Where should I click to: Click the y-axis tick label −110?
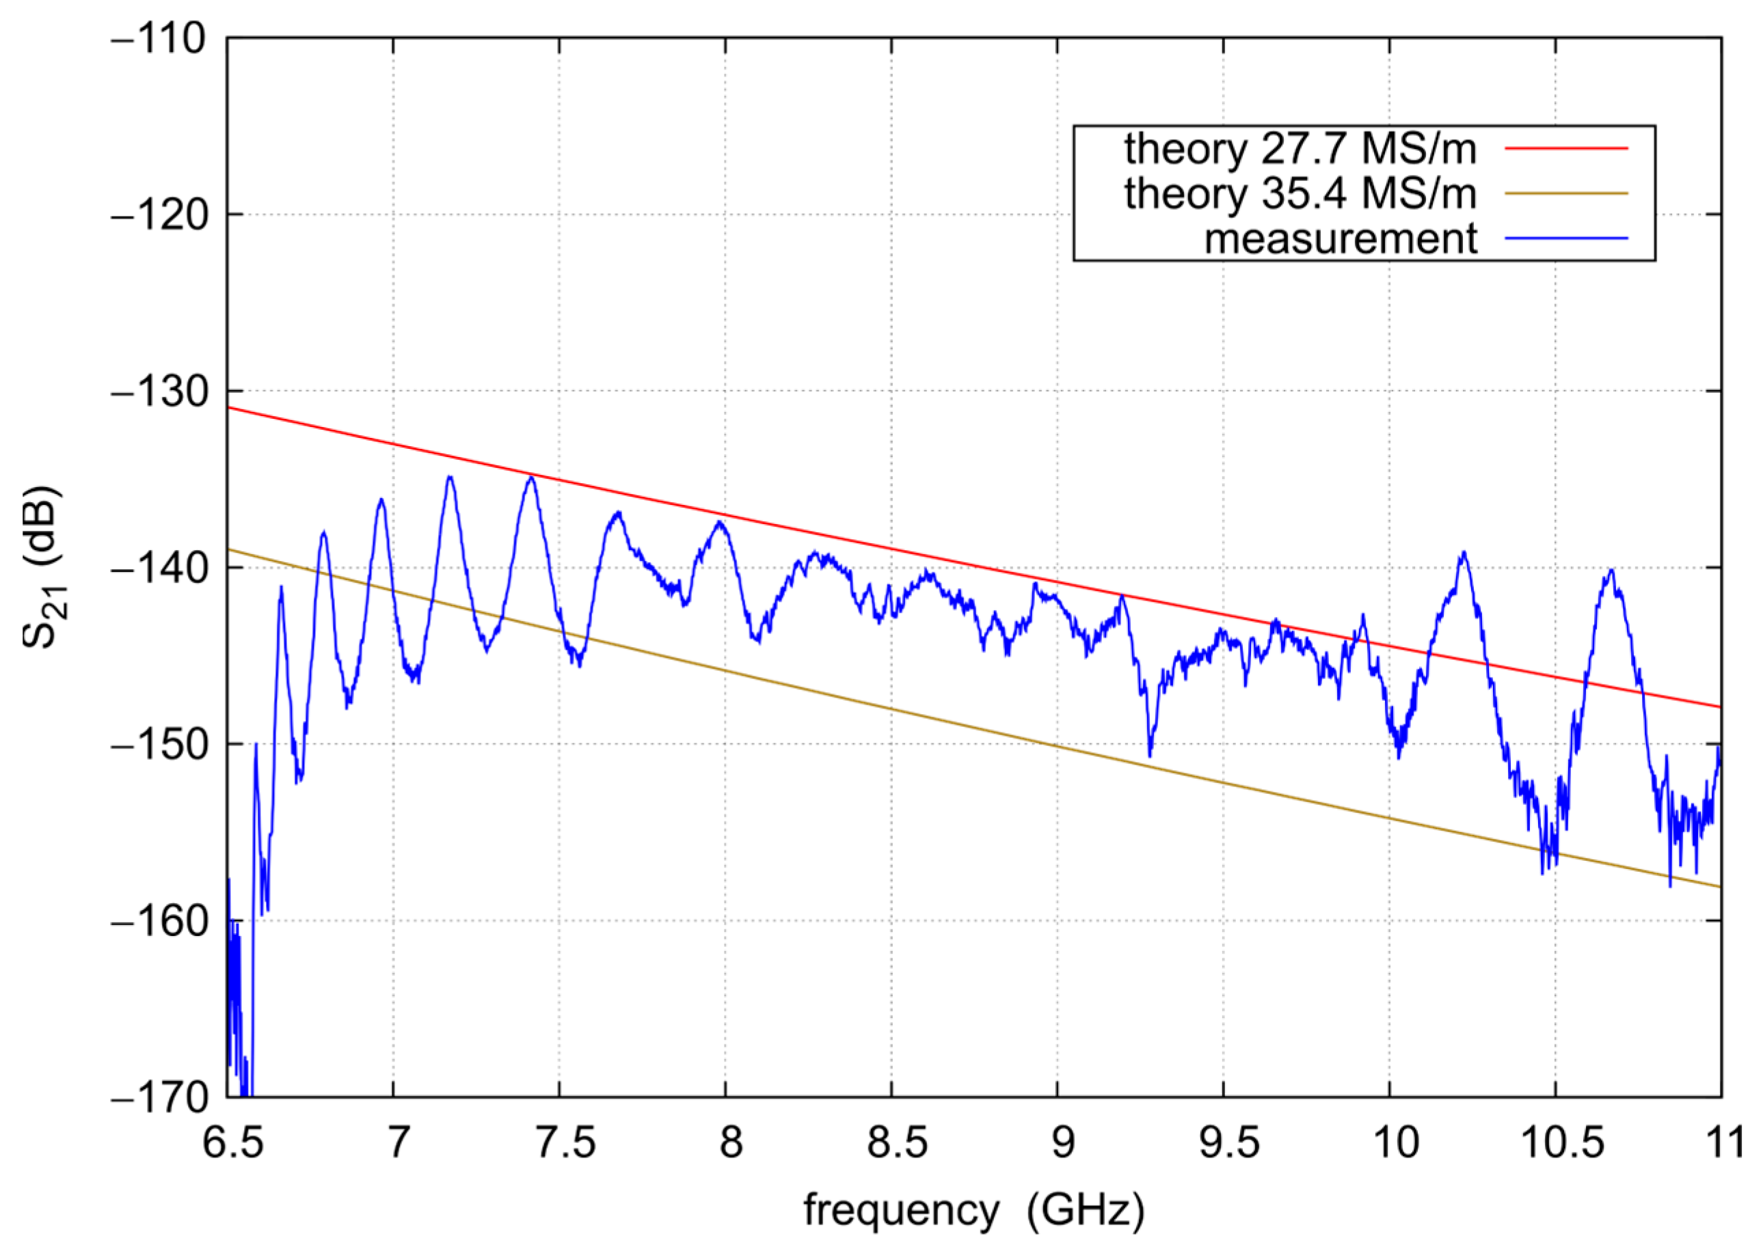pyautogui.click(x=159, y=38)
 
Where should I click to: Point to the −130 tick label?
pyautogui.click(x=159, y=392)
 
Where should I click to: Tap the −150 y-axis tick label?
pyautogui.click(x=159, y=745)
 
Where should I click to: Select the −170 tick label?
pyautogui.click(x=159, y=1098)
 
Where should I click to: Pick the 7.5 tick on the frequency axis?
pyautogui.click(x=565, y=1142)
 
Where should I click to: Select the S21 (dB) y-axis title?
pyautogui.click(x=43, y=567)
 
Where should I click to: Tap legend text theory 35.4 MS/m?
pyautogui.click(x=1300, y=193)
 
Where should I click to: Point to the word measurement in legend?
pyautogui.click(x=1340, y=239)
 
